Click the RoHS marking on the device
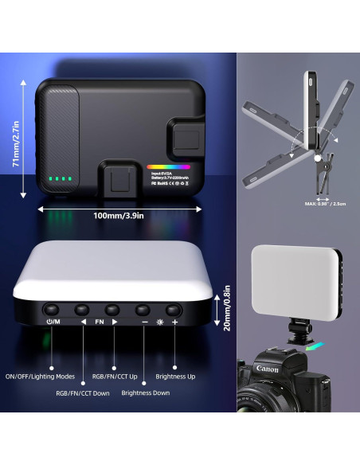click(x=163, y=182)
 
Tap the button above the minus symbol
click(x=143, y=309)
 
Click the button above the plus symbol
click(x=174, y=309)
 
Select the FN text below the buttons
click(x=99, y=323)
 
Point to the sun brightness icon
click(x=159, y=323)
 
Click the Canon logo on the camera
click(x=266, y=369)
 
